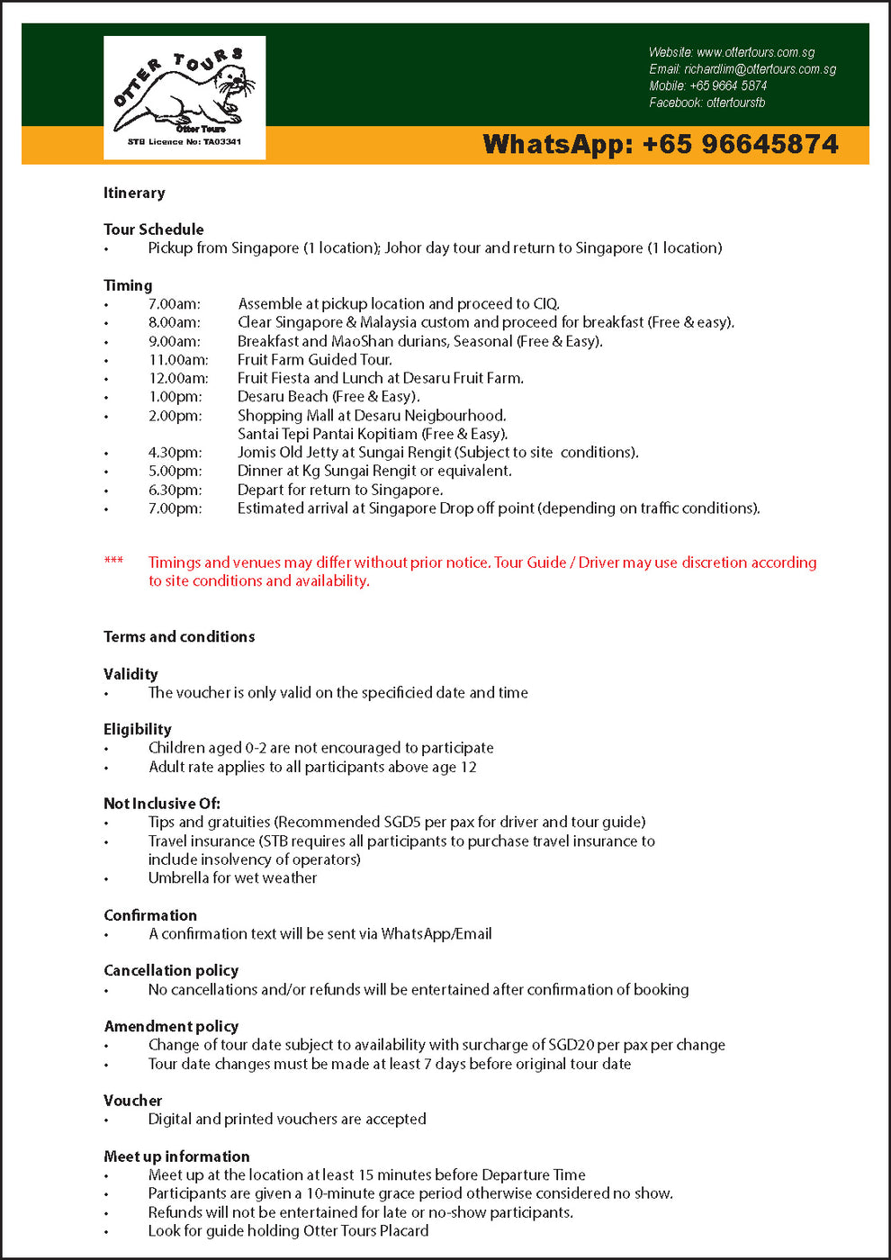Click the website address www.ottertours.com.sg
(755, 52)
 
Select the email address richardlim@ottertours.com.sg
(760, 69)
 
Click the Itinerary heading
(134, 193)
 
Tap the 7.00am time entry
(175, 304)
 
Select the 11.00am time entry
(178, 360)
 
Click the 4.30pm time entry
(175, 453)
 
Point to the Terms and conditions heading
(179, 637)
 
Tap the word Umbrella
(178, 877)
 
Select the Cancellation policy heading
(171, 970)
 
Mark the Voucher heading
(133, 1101)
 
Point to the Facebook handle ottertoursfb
(735, 103)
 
